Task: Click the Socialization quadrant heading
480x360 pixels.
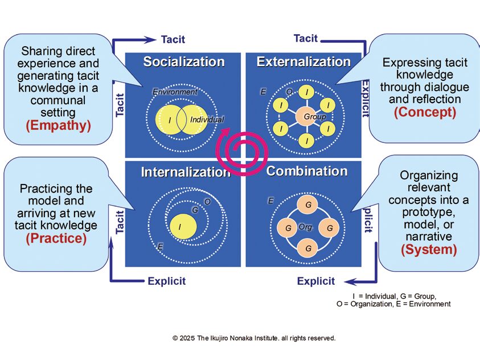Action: click(x=183, y=62)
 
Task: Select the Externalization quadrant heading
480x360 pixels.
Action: click(x=303, y=62)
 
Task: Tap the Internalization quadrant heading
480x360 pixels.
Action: click(x=186, y=171)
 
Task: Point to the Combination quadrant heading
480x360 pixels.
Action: click(x=307, y=171)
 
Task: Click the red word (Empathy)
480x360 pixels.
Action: click(x=58, y=125)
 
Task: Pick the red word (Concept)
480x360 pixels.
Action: click(x=425, y=112)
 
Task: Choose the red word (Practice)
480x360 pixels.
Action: click(x=56, y=238)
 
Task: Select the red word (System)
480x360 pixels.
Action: click(x=429, y=249)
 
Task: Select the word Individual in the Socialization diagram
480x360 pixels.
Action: click(x=207, y=120)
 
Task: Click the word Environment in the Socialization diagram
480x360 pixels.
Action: click(x=175, y=92)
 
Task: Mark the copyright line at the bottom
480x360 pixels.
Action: click(x=254, y=338)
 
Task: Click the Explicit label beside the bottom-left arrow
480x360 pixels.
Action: click(x=166, y=281)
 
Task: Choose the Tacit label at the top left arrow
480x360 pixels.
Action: click(x=172, y=39)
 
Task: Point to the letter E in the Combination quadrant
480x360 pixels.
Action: click(x=271, y=201)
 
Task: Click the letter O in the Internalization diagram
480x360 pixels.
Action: click(x=207, y=202)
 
